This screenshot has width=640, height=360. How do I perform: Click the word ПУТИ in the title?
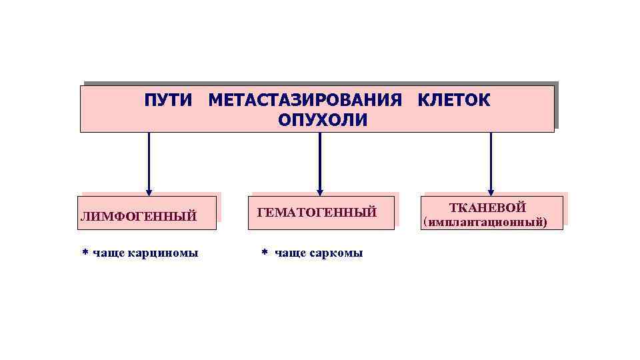pyautogui.click(x=167, y=101)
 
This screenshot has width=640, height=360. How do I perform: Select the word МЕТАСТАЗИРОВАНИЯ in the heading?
pyautogui.click(x=305, y=101)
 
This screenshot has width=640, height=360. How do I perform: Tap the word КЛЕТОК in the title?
pyautogui.click(x=453, y=101)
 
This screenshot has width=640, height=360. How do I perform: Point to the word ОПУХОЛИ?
pyautogui.click(x=323, y=120)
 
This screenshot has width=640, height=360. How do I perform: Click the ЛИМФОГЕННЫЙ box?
pyautogui.click(x=149, y=213)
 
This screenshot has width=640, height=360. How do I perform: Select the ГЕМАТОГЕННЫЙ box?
pyautogui.click(x=321, y=213)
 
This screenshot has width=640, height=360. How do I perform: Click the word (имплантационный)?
pyautogui.click(x=485, y=222)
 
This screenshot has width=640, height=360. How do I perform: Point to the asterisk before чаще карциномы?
pyautogui.click(x=85, y=253)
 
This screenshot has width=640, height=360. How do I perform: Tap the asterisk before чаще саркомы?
pyautogui.click(x=263, y=254)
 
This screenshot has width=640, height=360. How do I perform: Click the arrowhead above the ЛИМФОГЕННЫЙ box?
pyautogui.click(x=149, y=191)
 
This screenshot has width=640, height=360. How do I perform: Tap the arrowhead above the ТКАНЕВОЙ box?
pyautogui.click(x=491, y=191)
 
